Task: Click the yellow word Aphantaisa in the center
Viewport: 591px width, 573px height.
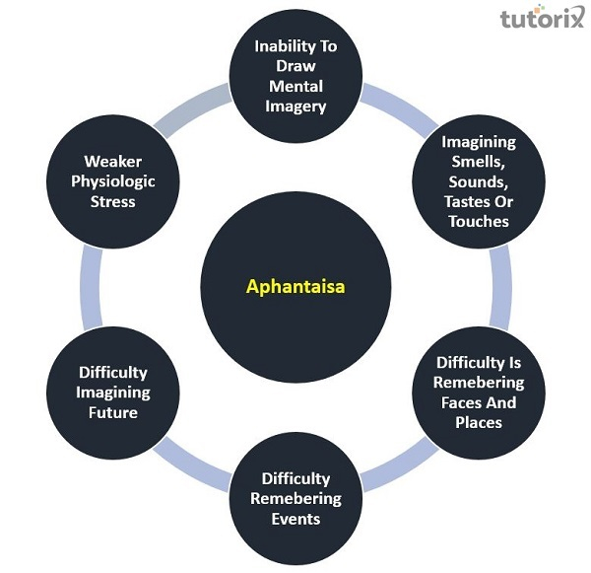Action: click(295, 289)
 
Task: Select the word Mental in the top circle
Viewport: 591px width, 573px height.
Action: click(295, 87)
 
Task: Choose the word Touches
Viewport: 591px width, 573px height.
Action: click(479, 221)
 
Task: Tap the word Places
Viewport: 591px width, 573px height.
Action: click(479, 422)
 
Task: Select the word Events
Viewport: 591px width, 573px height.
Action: click(295, 518)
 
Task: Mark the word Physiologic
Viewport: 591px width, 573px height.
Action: click(113, 181)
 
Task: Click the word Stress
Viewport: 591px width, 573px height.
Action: click(113, 201)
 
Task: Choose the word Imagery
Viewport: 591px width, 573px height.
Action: click(295, 107)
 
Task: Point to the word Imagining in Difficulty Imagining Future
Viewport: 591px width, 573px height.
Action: click(114, 393)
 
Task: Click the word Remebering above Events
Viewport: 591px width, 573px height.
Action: click(295, 498)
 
